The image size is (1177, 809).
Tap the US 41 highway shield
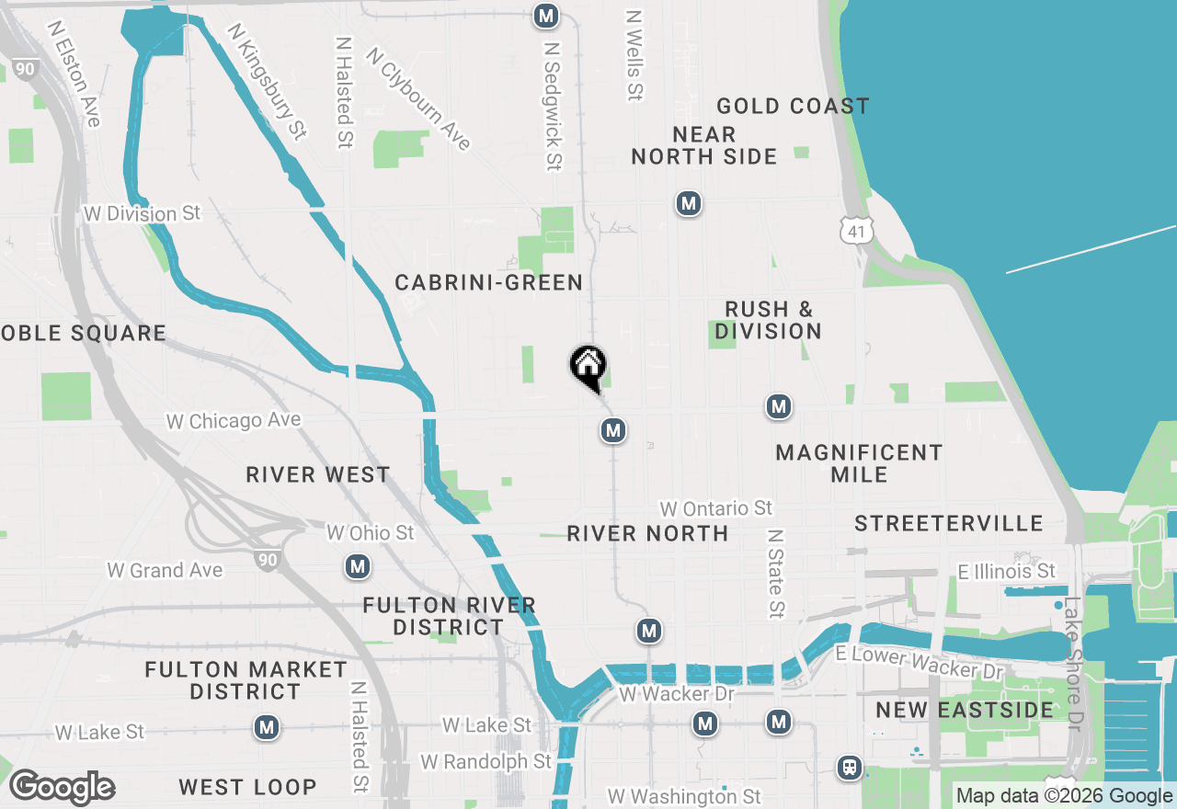[855, 231]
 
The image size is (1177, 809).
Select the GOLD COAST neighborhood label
[793, 107]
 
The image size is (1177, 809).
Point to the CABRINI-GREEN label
[489, 282]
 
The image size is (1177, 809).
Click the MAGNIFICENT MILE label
[859, 463]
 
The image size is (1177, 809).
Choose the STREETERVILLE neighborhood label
[949, 523]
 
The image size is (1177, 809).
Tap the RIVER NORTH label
[647, 533]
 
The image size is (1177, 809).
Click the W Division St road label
[142, 213]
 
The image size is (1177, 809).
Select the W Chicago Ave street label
[234, 421]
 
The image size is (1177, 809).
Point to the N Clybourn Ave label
[418, 98]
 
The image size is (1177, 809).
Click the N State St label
[777, 572]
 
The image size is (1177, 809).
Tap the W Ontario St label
[716, 508]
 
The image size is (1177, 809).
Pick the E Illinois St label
[1007, 572]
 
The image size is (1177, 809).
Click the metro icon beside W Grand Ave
[358, 566]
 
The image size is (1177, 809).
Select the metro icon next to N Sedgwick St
[546, 16]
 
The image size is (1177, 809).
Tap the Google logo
[62, 787]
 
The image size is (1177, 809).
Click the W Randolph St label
[486, 761]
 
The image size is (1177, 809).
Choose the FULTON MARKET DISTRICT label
[246, 680]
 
